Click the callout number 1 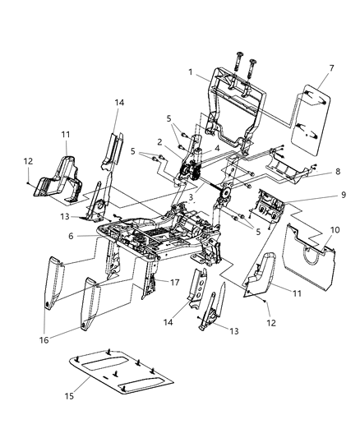tap(191, 73)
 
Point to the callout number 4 tap(217, 149)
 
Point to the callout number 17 tap(173, 282)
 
